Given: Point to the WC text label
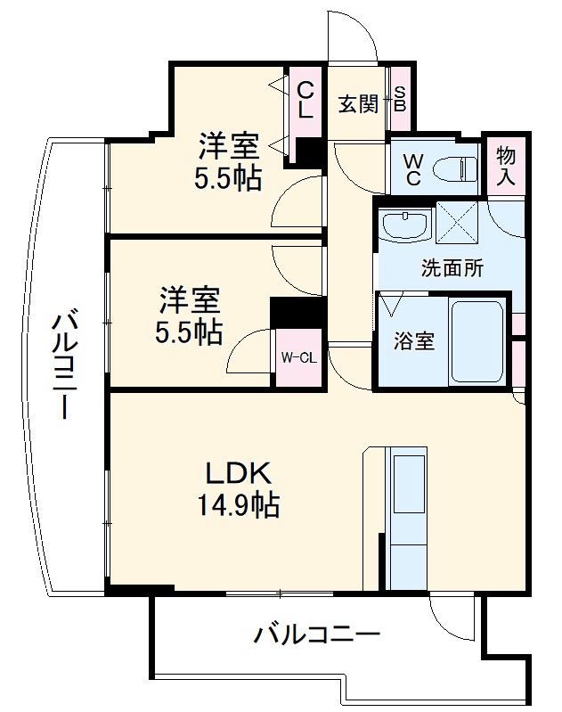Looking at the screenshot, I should point(412,167).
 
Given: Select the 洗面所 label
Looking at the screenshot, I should point(452,268).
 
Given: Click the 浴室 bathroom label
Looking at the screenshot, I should point(414,341).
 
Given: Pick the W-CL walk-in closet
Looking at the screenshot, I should point(297,358).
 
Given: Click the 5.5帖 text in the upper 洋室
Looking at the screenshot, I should point(228,178).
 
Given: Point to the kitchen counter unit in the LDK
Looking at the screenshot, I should point(408,516).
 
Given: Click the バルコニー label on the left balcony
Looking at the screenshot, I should point(65,365).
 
